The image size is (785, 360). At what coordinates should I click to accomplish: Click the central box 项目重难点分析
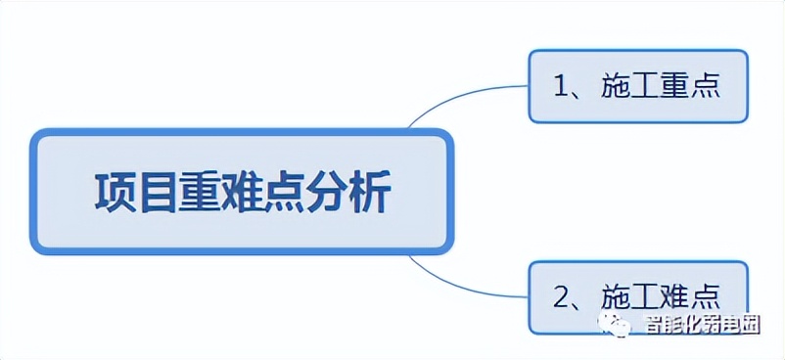(x=242, y=192)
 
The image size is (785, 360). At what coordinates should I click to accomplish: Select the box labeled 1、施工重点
(x=637, y=86)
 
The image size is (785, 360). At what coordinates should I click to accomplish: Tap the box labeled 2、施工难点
(x=637, y=295)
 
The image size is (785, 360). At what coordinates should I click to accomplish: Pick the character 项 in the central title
(x=114, y=192)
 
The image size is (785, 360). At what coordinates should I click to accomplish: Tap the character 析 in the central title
(x=370, y=192)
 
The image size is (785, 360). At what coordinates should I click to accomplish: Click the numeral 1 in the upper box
(x=562, y=86)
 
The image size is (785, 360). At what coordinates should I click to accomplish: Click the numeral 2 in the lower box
(x=562, y=295)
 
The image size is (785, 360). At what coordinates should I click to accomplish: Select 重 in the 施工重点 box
(x=678, y=86)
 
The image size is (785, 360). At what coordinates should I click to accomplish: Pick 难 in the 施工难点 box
(x=678, y=295)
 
